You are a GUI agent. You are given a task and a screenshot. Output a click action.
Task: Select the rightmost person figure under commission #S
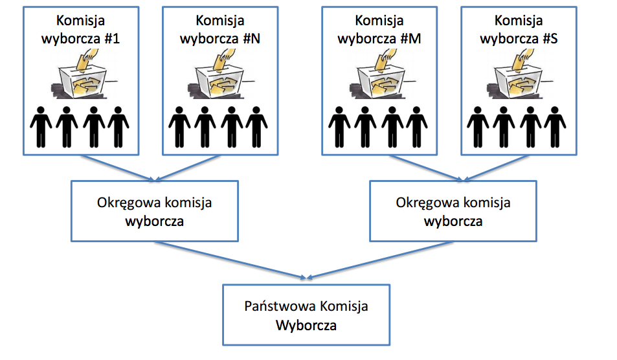(555, 126)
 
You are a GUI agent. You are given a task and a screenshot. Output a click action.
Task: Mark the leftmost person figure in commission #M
(341, 126)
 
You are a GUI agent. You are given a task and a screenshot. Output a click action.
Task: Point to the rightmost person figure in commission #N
(256, 126)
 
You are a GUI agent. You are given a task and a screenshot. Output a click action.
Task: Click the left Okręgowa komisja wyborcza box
(154, 211)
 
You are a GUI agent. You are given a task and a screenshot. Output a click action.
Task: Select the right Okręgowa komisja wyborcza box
(453, 211)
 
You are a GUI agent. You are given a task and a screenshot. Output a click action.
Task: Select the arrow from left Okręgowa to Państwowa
(227, 260)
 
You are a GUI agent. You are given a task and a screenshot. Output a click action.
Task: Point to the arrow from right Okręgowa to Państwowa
(382, 260)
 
